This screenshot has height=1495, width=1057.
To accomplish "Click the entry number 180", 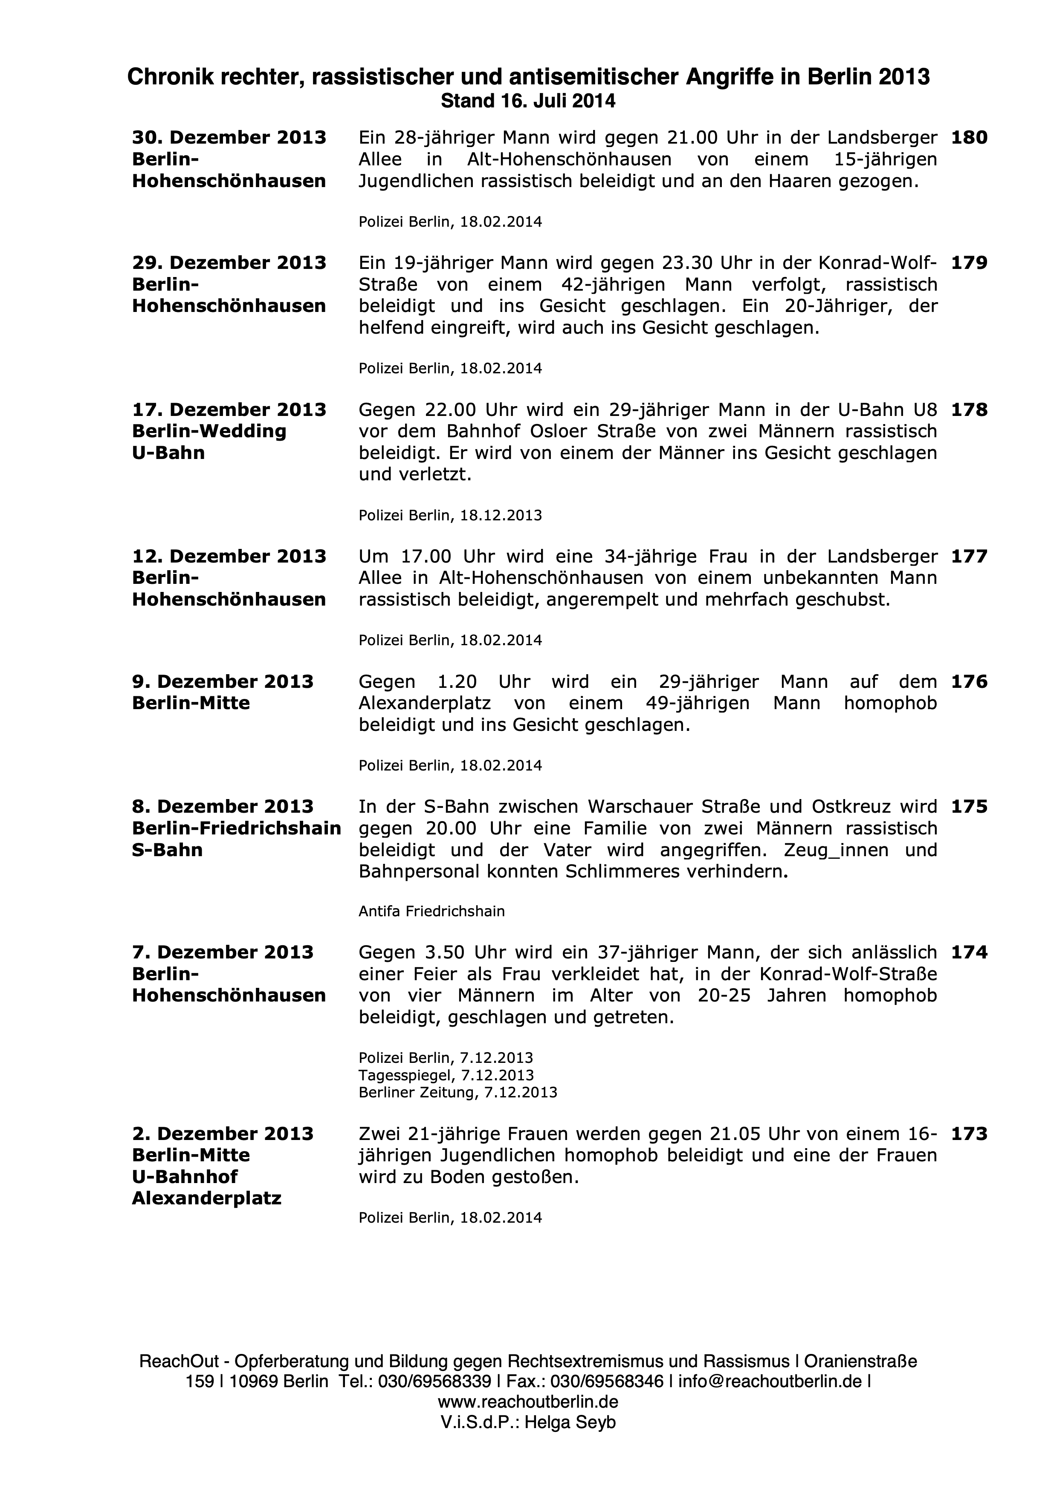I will point(969,138).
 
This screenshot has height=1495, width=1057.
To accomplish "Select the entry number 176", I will point(969,682).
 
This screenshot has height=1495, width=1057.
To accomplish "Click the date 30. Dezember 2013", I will point(229,138).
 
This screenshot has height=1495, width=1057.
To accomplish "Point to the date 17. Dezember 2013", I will point(229,410).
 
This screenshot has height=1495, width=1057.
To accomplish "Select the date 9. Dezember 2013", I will point(223,682).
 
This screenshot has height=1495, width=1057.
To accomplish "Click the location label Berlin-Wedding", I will point(209,431).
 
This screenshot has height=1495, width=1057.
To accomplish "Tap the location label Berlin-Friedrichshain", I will point(236,828).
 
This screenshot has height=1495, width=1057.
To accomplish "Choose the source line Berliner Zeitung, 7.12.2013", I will point(458,1092).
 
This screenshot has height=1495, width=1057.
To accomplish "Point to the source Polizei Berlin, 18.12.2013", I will point(450,516).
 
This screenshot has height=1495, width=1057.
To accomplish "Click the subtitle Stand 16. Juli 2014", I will point(528,101).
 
